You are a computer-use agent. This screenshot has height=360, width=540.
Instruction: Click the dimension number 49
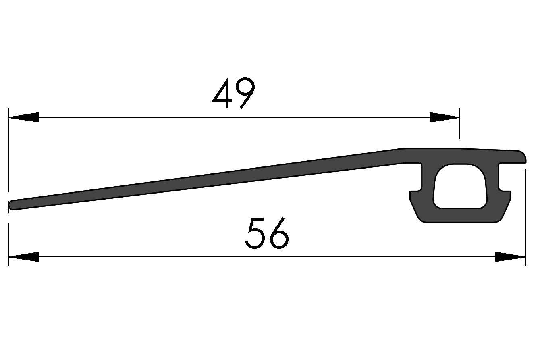tap(234, 94)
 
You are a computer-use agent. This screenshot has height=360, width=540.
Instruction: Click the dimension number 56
tap(267, 233)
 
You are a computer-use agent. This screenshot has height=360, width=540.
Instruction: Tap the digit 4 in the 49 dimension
tap(222, 94)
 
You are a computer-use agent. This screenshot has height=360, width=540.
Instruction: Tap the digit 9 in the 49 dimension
tap(245, 94)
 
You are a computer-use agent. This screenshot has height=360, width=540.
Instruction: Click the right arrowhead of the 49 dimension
tap(444, 117)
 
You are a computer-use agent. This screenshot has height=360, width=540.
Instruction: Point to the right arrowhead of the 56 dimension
tap(510, 257)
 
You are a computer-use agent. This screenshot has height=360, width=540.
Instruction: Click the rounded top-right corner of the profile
tap(521, 155)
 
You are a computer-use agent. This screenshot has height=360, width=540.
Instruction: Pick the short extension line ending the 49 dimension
tap(459, 125)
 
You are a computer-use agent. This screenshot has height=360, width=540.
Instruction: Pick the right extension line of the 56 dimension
tap(525, 218)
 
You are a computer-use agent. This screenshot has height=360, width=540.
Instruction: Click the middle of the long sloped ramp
tap(206, 180)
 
